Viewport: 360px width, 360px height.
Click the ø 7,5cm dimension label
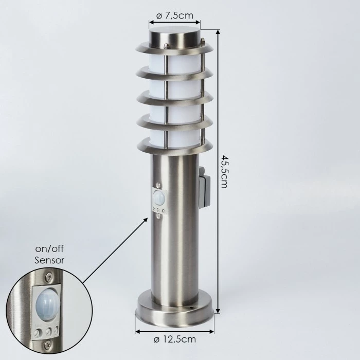[x=175, y=15]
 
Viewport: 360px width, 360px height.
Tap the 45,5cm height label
[x=223, y=171]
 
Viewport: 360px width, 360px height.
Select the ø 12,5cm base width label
[x=175, y=339]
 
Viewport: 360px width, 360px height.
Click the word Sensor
[x=49, y=260]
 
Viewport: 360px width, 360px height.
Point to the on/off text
[x=49, y=249]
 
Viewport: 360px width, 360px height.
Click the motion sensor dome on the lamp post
[x=159, y=197]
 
